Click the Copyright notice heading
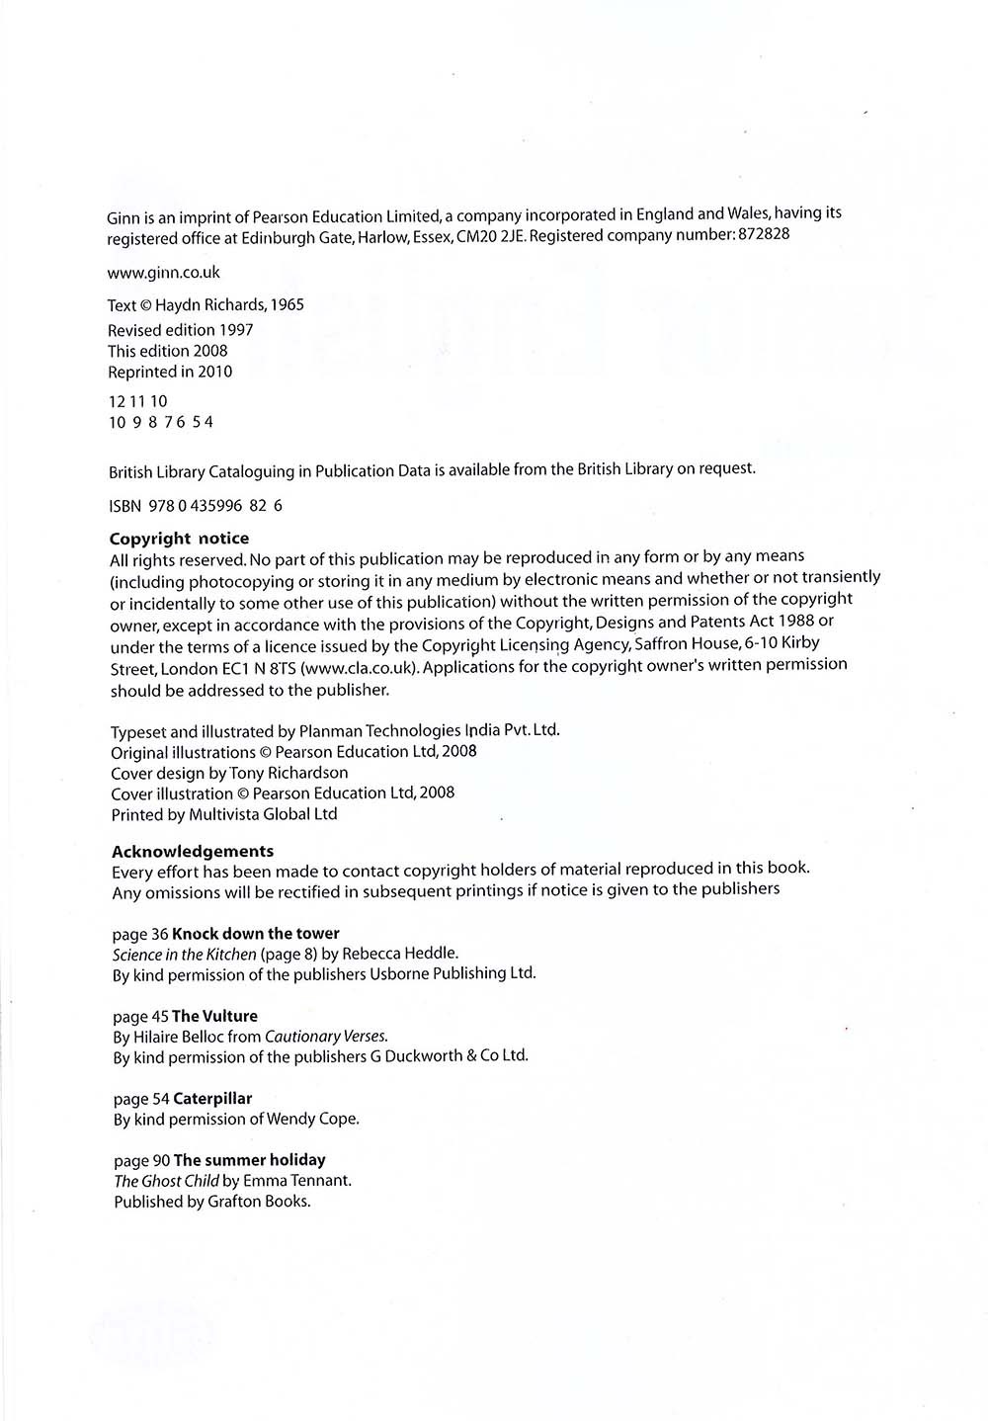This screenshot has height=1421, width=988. pos(179,539)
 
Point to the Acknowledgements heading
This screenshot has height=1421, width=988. pos(193,851)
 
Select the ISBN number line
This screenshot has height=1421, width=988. pos(196,505)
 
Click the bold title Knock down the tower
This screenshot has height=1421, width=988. pos(256,933)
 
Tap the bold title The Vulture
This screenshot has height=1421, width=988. pos(214,1016)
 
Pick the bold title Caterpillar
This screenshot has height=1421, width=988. pos(212,1098)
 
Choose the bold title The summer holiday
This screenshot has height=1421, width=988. pos(249,1160)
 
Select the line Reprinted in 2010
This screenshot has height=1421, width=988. pos(170,373)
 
